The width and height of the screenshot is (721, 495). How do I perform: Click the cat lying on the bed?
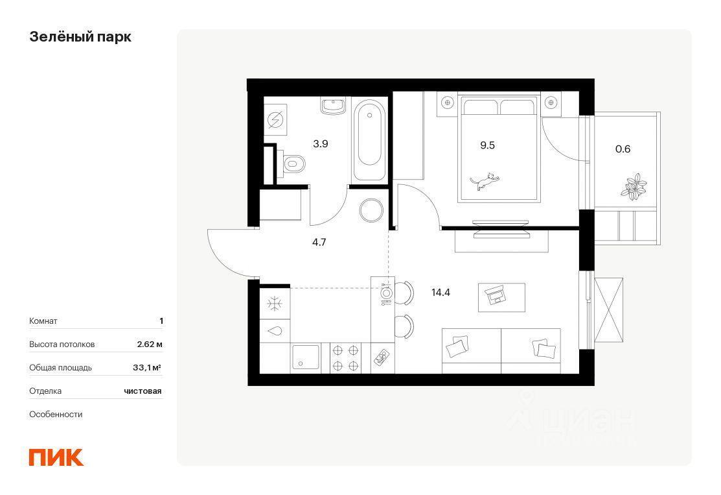click(x=485, y=182)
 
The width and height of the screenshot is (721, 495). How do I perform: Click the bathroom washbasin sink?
click(x=334, y=106)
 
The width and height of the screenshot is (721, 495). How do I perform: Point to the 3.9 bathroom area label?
click(x=321, y=143)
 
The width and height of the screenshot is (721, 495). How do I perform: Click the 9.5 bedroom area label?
click(x=487, y=145)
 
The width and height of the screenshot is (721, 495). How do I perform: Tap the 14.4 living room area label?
click(x=441, y=293)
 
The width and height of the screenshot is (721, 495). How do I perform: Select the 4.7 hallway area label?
click(x=319, y=242)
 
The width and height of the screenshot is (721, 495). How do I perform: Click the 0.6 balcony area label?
click(x=623, y=149)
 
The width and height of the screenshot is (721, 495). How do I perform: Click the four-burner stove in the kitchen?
click(x=346, y=357)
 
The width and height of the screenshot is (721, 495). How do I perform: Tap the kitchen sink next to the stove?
click(x=305, y=357)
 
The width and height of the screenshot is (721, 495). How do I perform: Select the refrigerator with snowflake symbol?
click(x=275, y=303)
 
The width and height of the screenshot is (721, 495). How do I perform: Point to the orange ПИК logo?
click(x=56, y=457)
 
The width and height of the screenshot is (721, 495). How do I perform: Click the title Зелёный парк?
click(x=80, y=37)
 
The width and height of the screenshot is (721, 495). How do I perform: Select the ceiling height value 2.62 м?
click(x=150, y=344)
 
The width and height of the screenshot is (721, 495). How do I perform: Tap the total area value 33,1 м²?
click(x=146, y=367)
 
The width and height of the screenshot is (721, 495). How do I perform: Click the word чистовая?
click(x=143, y=391)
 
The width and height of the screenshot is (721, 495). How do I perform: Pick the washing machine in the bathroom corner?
click(x=275, y=120)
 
